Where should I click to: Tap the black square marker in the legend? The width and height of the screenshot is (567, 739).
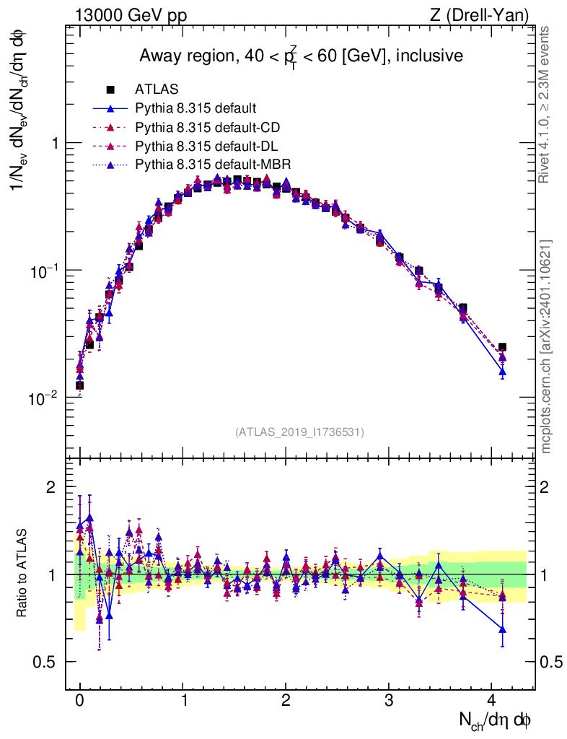pos(110,90)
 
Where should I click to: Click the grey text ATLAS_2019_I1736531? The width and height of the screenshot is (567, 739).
pos(299,432)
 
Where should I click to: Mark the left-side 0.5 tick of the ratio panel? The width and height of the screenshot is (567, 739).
pos(47,662)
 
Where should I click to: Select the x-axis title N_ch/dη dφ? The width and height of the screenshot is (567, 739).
pos(495,720)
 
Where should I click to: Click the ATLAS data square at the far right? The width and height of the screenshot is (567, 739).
pos(502,347)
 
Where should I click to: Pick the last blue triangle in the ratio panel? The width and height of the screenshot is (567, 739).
pos(502,629)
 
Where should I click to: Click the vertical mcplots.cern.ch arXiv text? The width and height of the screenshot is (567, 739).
pos(546,346)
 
